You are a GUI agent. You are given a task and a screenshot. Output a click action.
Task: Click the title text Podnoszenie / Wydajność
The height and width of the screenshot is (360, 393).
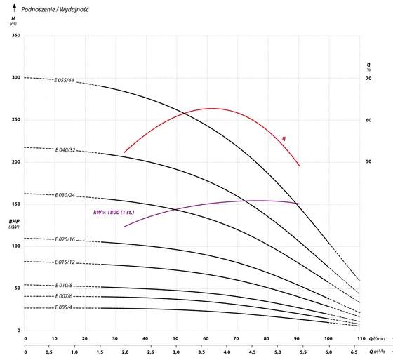55,10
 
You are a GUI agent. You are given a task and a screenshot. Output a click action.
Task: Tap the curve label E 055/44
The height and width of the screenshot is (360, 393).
64,80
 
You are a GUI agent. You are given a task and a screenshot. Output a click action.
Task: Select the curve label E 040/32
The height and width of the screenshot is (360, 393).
65,150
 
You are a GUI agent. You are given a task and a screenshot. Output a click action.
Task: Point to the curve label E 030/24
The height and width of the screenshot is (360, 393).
65,195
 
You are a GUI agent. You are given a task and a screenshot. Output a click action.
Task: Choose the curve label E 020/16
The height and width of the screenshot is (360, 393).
65,239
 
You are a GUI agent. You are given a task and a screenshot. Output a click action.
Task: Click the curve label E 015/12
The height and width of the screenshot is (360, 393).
65,262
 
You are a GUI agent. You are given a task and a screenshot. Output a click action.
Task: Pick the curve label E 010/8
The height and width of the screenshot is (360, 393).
64,286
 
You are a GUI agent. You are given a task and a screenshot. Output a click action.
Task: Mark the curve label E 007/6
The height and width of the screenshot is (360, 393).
64,296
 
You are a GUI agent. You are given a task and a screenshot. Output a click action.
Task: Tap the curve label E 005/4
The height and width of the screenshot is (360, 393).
63,307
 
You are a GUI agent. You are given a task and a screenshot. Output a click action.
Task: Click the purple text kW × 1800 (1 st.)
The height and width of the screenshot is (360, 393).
114,213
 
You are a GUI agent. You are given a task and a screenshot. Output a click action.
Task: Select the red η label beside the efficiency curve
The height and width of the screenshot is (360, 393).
284,138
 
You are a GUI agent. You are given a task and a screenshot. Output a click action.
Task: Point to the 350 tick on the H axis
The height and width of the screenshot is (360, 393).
16,35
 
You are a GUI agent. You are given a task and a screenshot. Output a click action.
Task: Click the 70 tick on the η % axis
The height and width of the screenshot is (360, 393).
368,79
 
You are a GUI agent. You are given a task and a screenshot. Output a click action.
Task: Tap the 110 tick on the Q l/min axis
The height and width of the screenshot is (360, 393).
361,338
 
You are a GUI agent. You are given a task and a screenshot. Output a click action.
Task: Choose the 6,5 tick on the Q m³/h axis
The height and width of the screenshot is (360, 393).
354,352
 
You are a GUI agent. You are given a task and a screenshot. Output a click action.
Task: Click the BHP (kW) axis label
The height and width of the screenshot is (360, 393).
14,224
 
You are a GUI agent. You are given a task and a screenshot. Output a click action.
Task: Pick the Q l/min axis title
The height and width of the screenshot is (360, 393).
377,339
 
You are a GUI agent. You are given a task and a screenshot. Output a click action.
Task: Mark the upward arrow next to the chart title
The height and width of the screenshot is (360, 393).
15,8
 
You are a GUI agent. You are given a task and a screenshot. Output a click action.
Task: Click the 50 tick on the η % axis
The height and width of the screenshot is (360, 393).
368,161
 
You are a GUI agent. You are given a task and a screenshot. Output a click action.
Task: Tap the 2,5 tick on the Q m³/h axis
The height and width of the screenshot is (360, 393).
151,352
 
